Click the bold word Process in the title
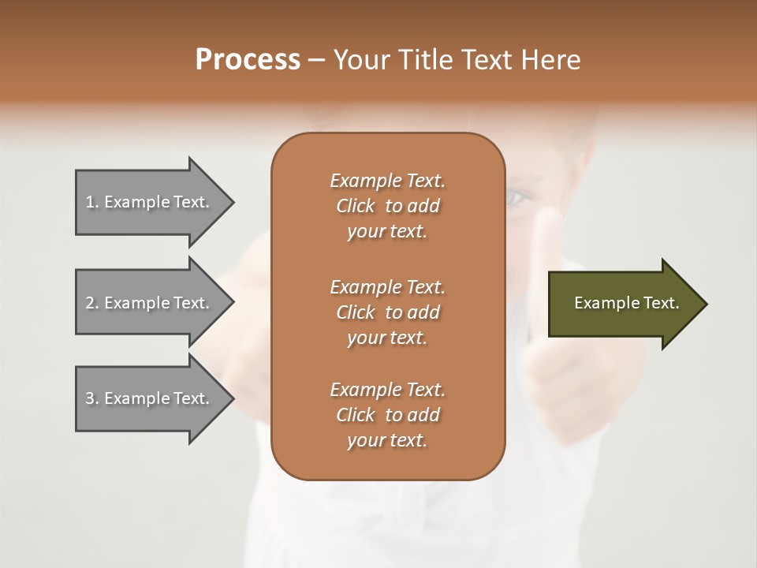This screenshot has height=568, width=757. click(x=248, y=59)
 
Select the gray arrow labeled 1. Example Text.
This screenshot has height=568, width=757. click(x=150, y=202)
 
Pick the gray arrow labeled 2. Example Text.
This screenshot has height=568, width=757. click(x=150, y=302)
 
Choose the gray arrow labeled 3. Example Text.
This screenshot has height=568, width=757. click(x=150, y=398)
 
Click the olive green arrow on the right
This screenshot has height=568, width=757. click(x=623, y=303)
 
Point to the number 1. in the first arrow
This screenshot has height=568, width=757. click(x=92, y=202)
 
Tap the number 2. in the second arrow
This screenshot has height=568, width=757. click(x=92, y=303)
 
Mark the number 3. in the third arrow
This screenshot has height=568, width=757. click(x=92, y=398)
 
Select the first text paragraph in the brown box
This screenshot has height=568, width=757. click(x=387, y=206)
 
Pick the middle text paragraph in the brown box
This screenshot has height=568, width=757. click(x=387, y=312)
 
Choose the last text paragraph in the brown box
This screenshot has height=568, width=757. click(x=387, y=415)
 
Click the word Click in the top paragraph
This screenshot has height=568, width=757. click(x=356, y=206)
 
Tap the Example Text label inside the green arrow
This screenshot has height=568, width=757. click(x=626, y=303)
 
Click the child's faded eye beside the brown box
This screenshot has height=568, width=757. click(x=517, y=196)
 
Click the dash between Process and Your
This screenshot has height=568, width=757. click(x=316, y=60)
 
